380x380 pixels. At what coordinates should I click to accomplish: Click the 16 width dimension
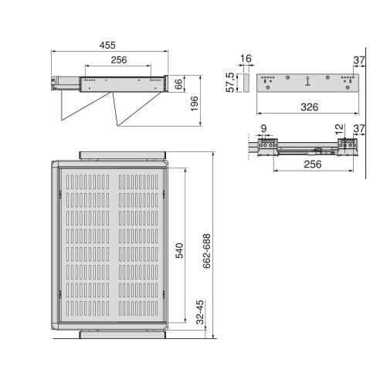click(245, 59)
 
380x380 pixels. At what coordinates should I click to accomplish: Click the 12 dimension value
click(341, 129)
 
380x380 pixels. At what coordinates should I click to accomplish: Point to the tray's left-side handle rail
click(57, 246)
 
